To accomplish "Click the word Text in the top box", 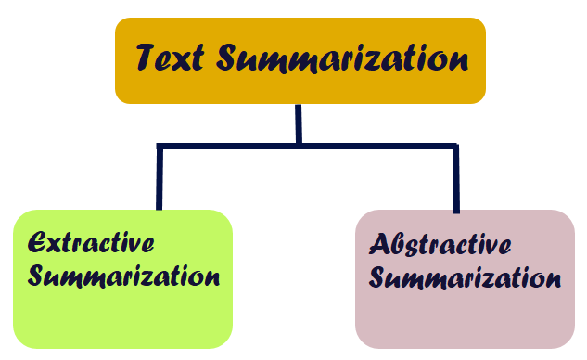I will click(171, 59).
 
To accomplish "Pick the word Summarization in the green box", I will click(124, 276).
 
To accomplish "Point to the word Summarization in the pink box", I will click(472, 278).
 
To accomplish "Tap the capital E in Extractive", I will click(38, 243).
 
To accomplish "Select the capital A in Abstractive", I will click(380, 245).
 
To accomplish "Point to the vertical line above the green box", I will click(160, 178).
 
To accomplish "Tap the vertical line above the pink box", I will click(455, 179).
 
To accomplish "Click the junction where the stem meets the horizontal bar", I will click(299, 146).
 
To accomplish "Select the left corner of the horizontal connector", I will click(160, 147).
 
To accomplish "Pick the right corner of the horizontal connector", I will click(455, 147).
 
